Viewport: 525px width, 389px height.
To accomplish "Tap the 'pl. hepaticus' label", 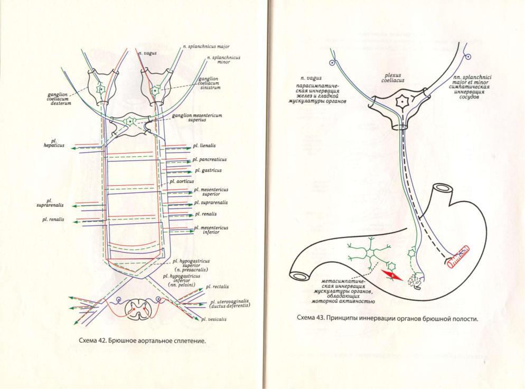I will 53,144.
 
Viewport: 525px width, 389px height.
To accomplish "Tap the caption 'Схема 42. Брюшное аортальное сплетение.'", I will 141,340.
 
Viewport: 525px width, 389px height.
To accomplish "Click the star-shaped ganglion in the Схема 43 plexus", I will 402,100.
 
